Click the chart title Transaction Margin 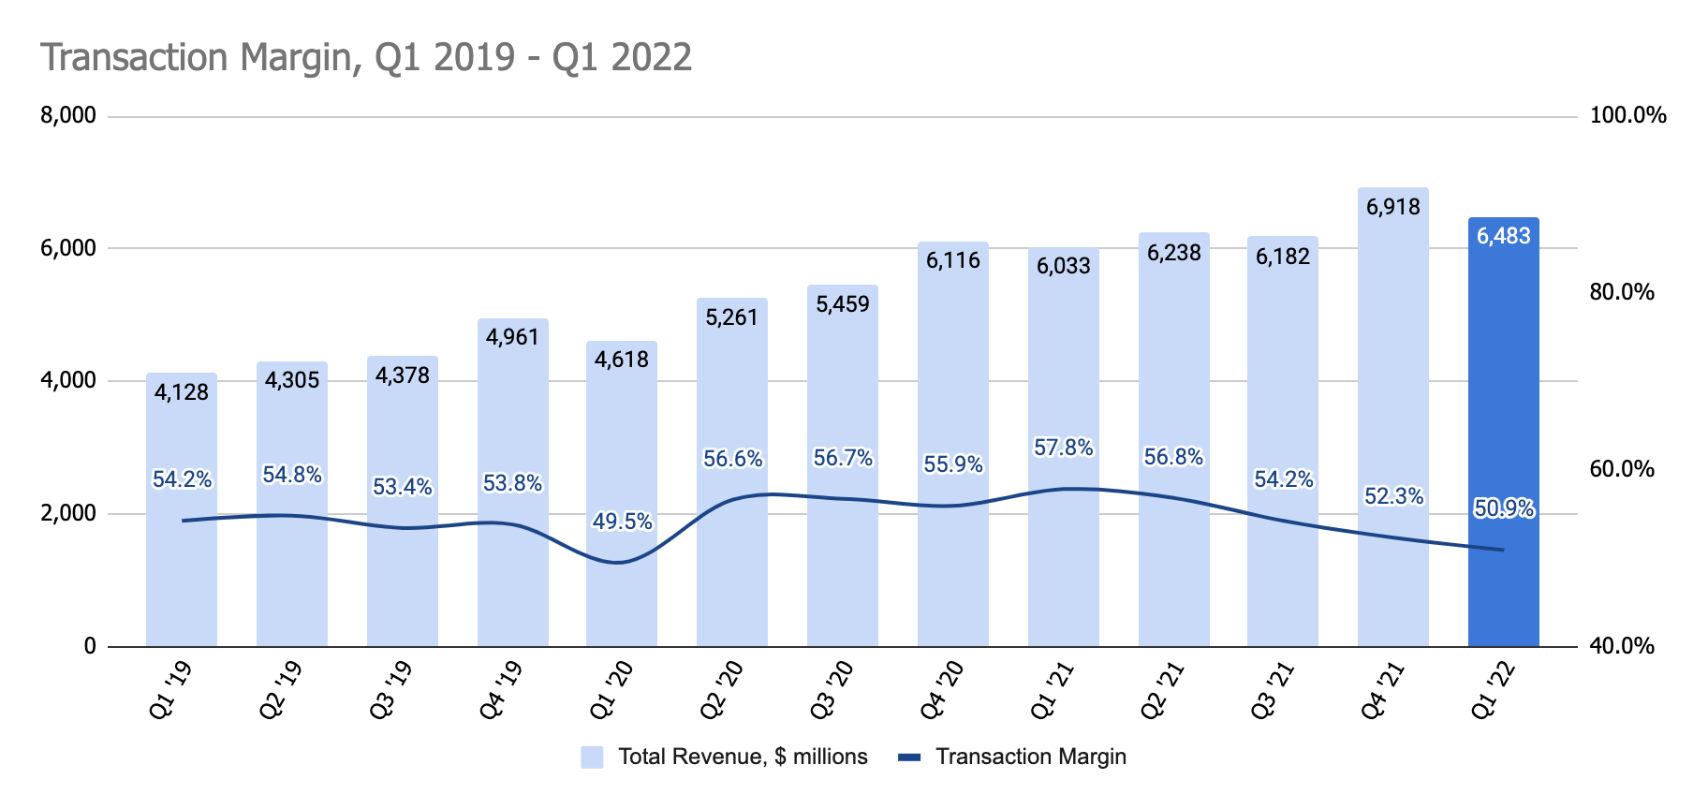tap(366, 57)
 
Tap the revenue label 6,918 tap(1393, 207)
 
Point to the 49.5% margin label tap(622, 522)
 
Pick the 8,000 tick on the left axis tap(68, 116)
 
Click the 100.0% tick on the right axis tap(1628, 116)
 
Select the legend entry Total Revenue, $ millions tap(742, 757)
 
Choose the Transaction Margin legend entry tap(1030, 757)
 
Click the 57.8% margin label tap(1063, 448)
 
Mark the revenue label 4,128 tap(182, 392)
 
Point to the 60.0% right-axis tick tap(1622, 469)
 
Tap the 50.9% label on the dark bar tap(1504, 508)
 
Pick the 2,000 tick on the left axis tap(68, 513)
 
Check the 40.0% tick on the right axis tap(1622, 646)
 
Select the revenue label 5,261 tap(732, 317)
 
